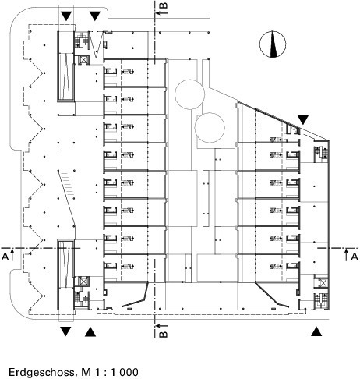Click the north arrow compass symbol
click(x=273, y=44)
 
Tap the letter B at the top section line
click(x=164, y=6)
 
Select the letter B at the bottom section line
click(x=164, y=334)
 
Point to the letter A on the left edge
click(x=5, y=257)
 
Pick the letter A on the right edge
click(x=355, y=257)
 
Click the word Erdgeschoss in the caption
click(x=41, y=372)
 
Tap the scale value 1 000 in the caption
click(x=124, y=372)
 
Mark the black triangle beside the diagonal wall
click(x=303, y=119)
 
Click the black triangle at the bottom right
click(x=316, y=331)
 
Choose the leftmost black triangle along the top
click(x=65, y=16)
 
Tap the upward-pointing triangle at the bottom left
click(x=90, y=331)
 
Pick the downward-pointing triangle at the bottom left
click(x=65, y=331)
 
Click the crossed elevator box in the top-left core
click(x=83, y=60)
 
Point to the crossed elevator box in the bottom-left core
click(x=83, y=282)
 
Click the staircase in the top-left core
click(x=81, y=40)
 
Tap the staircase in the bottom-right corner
click(x=321, y=301)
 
